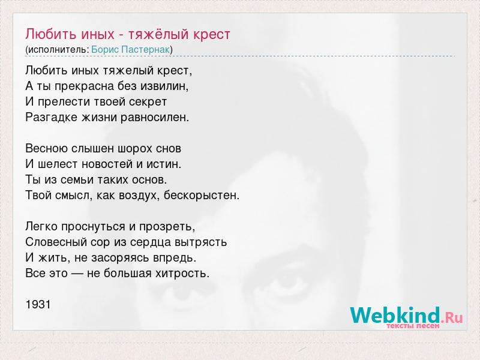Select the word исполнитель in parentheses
coord(58,50)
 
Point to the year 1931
coord(38,305)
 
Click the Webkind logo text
coord(395,316)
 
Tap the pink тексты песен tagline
coord(413,326)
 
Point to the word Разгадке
coord(52,118)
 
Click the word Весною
coord(47,149)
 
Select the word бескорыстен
coord(202,195)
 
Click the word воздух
coord(139,196)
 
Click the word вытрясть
coord(200,242)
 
